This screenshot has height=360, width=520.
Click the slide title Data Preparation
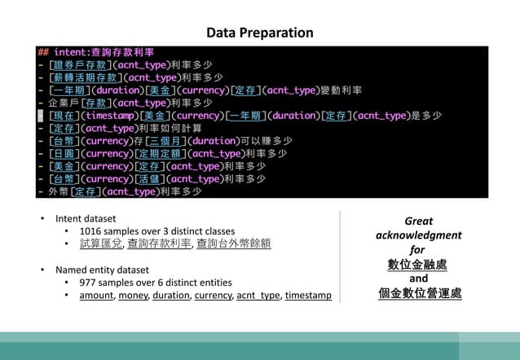pyautogui.click(x=259, y=33)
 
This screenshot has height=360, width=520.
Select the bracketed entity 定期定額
pyautogui.click(x=161, y=153)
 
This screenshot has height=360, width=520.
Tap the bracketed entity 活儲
pyautogui.click(x=149, y=179)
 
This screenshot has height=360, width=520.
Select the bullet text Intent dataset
pyautogui.click(x=86, y=218)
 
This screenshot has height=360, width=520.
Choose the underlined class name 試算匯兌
pyautogui.click(x=101, y=244)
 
